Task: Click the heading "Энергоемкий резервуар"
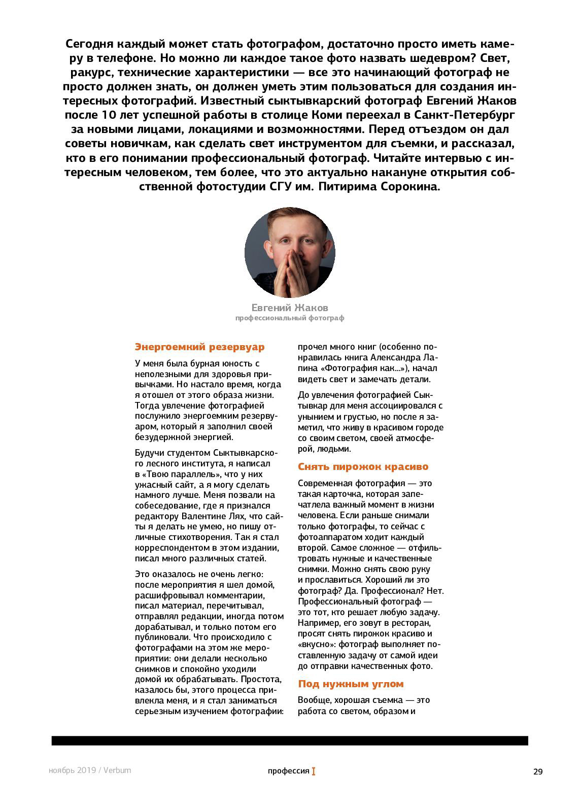point(199,347)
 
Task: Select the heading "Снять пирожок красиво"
point(363,466)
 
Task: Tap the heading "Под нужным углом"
point(351,684)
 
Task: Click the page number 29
point(538,772)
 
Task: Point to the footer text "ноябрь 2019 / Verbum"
point(90,770)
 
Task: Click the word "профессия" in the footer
point(288,771)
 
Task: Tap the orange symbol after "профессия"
point(314,771)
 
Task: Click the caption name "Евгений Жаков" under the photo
point(290,308)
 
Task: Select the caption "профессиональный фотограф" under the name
point(290,318)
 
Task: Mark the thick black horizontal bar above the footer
point(290,740)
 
